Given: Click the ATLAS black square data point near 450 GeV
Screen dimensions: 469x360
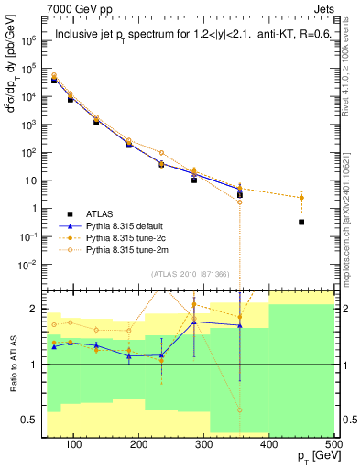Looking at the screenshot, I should click(301, 222).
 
